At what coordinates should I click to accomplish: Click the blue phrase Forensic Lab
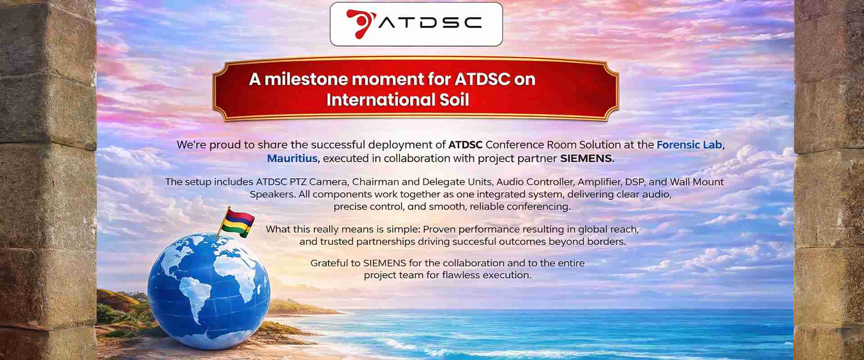(689, 145)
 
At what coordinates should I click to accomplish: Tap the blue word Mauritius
(292, 158)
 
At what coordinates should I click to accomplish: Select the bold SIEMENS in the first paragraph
(585, 158)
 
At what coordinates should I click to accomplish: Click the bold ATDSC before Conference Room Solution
(465, 145)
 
